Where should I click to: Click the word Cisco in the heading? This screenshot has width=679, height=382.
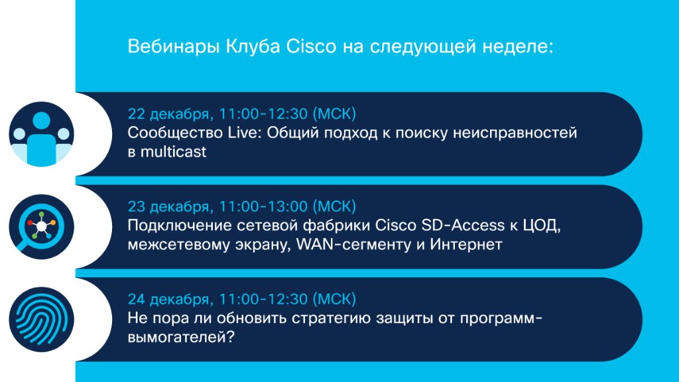pyautogui.click(x=311, y=46)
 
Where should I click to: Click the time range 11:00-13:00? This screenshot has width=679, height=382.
pyautogui.click(x=263, y=206)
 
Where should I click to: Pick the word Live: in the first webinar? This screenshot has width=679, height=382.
pyautogui.click(x=245, y=133)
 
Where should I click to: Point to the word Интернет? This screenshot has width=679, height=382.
pyautogui.click(x=466, y=244)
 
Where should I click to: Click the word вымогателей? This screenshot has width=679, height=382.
pyautogui.click(x=181, y=337)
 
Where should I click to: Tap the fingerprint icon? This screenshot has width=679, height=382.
pyautogui.click(x=42, y=320)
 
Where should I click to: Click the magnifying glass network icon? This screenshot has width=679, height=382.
pyautogui.click(x=42, y=227)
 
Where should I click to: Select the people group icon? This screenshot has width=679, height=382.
pyautogui.click(x=42, y=134)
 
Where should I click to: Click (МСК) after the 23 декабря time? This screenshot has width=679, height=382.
pyautogui.click(x=334, y=206)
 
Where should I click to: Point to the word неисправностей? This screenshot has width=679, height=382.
pyautogui.click(x=515, y=133)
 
